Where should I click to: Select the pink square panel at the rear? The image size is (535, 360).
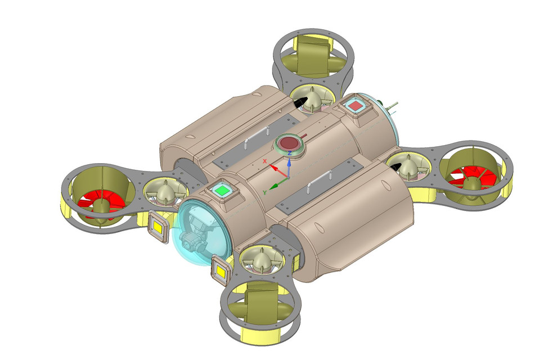coord(356,105)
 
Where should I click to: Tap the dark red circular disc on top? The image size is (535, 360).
coord(289,142)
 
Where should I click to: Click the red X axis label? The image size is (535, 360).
coord(264,161)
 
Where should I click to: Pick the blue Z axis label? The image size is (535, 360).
coord(289,152)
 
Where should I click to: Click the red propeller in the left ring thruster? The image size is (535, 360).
coord(98,203)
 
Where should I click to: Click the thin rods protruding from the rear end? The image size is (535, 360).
coord(392,106)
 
